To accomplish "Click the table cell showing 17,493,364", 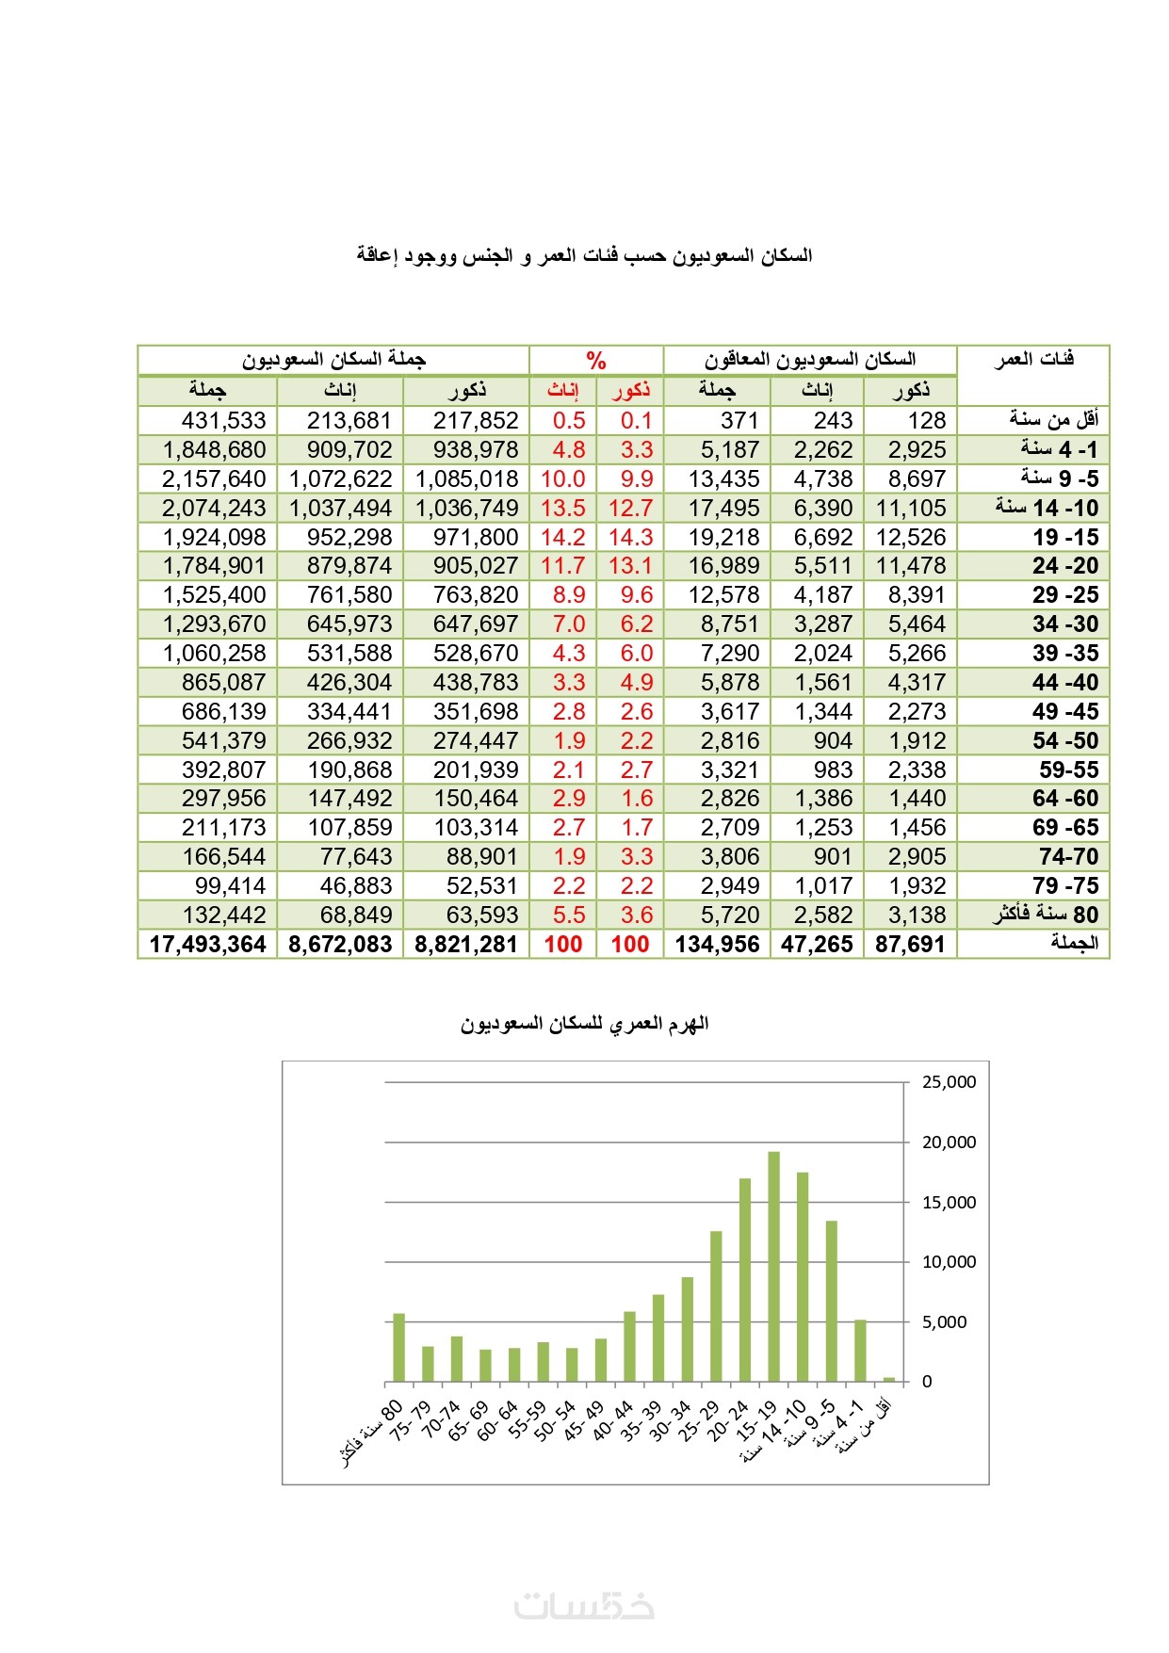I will point(208,944).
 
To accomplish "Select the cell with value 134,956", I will point(717,944).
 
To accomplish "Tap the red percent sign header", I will point(595,360).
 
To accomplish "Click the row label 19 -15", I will point(1065,537).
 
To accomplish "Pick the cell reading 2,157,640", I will point(215,478).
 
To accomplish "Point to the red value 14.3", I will point(630,537).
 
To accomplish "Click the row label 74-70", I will point(1068,856).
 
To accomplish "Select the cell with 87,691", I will point(910,944).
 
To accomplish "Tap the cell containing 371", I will point(739,420).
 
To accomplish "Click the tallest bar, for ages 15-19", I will point(773,1266).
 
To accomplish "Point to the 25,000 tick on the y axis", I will point(949,1082).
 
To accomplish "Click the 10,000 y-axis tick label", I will point(949,1262).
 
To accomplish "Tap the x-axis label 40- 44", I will point(613,1418).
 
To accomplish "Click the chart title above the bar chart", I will point(584,1024).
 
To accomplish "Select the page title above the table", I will point(584,255).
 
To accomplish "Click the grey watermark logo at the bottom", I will point(584,1605).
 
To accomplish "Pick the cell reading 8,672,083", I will point(340,944).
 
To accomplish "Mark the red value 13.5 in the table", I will point(562,508).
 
